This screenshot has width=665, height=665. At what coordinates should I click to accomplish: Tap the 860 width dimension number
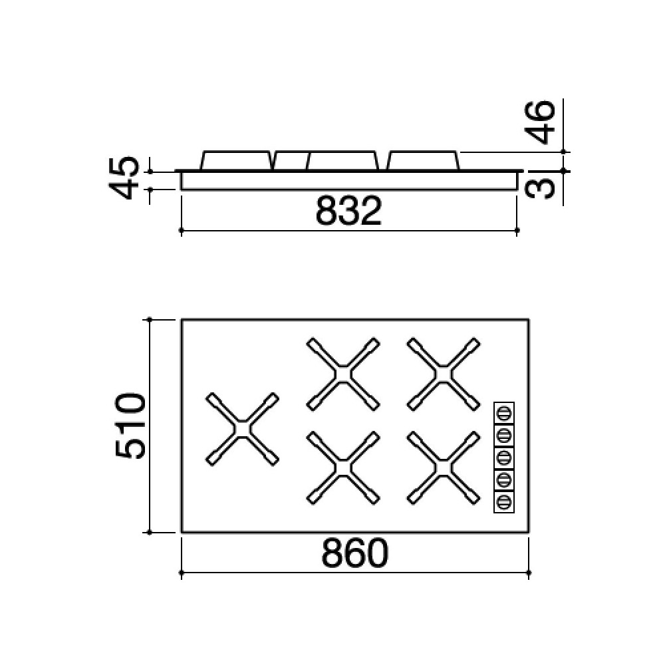pos(354,553)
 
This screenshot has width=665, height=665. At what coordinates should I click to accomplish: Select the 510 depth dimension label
pos(130,426)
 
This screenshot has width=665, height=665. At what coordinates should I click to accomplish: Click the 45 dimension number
pos(125,178)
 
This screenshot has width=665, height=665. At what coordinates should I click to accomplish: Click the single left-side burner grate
pos(243,428)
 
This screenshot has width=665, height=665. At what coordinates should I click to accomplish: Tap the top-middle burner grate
pos(343,374)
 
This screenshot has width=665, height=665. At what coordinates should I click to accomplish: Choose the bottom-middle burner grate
pos(343,467)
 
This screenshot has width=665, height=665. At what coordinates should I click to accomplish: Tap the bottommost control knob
pos(504,501)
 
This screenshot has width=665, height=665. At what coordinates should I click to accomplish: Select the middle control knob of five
pos(504,457)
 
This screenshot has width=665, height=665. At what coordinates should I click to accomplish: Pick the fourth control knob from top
pos(504,479)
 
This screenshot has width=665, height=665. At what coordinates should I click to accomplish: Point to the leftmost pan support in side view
pos(236,160)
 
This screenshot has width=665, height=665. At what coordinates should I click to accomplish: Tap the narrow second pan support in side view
pos(291,160)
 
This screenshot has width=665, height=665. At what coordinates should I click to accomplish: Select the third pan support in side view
pos(343,160)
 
